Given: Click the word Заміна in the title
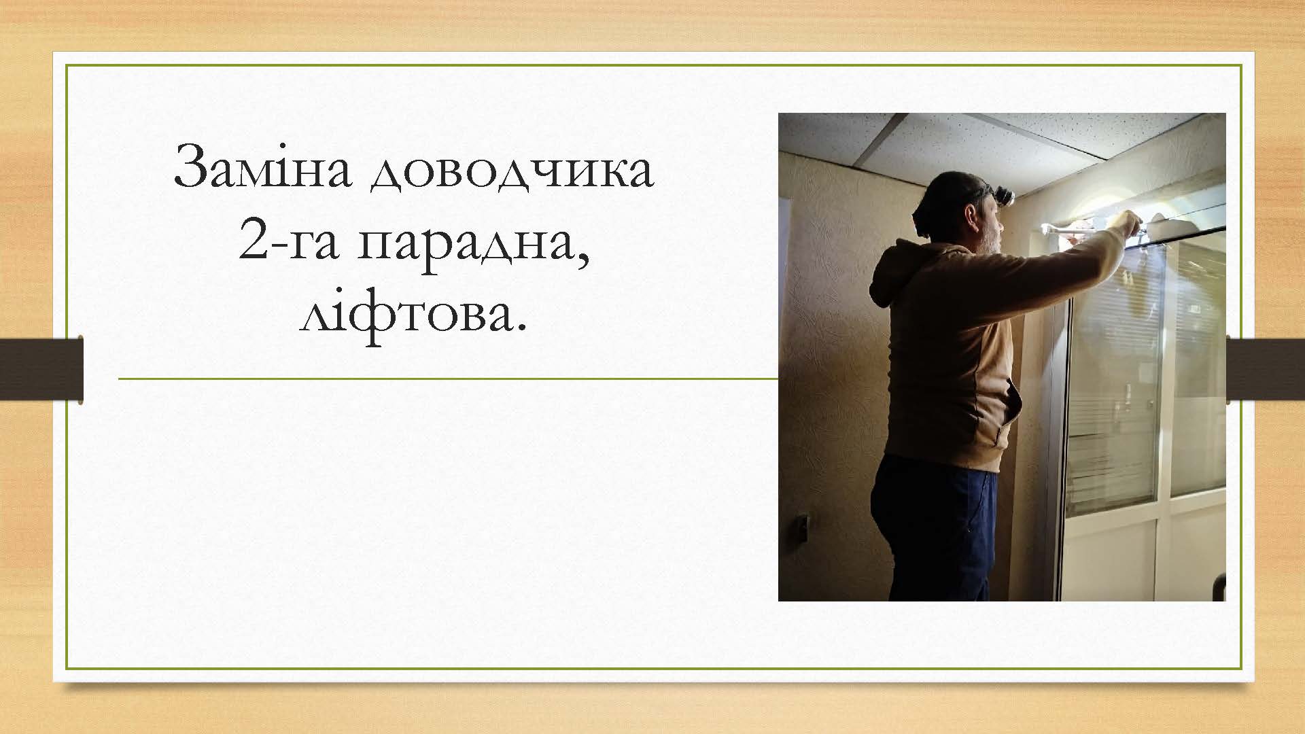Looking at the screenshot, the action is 262,167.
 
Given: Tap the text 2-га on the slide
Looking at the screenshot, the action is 288,242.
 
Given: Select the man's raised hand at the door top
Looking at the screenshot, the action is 1128,221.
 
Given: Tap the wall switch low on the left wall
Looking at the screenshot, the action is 802,527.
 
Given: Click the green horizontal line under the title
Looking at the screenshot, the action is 448,379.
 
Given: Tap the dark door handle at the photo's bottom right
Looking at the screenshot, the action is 1220,587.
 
